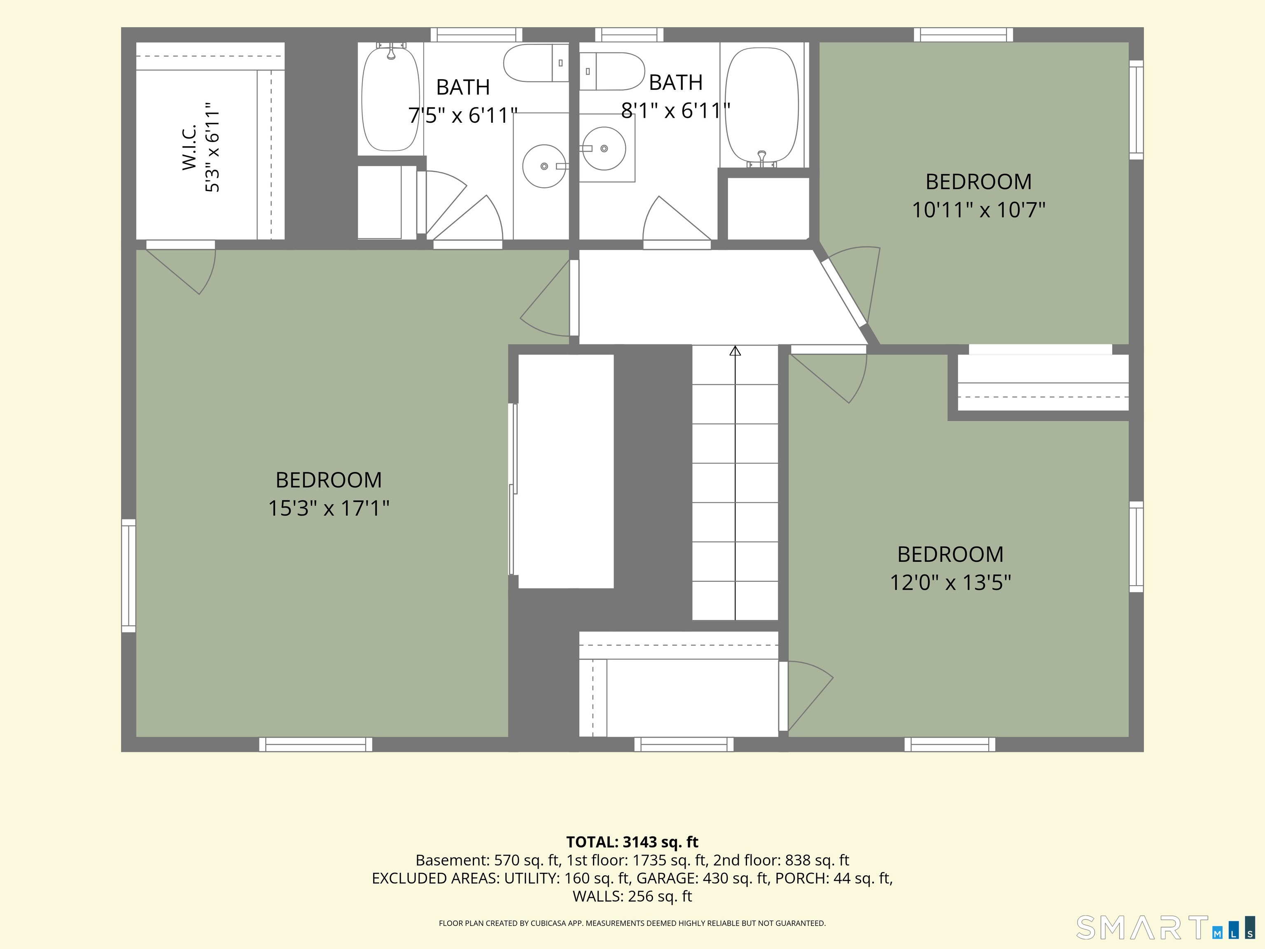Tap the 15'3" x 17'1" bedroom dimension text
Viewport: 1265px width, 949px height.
click(x=329, y=508)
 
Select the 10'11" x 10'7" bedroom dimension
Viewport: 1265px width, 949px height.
click(x=978, y=210)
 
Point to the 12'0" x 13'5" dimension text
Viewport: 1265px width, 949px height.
click(x=950, y=582)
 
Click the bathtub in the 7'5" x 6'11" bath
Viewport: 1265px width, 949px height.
click(x=391, y=98)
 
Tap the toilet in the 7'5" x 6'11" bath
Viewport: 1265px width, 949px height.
click(x=536, y=63)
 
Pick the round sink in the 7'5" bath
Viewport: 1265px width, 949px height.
click(x=544, y=166)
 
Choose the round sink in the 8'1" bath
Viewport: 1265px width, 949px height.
click(x=604, y=149)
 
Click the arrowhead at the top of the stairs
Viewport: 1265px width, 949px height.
click(x=735, y=350)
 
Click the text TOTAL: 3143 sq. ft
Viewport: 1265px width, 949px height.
click(x=632, y=842)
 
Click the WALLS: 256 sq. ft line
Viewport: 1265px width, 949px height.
click(x=632, y=896)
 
